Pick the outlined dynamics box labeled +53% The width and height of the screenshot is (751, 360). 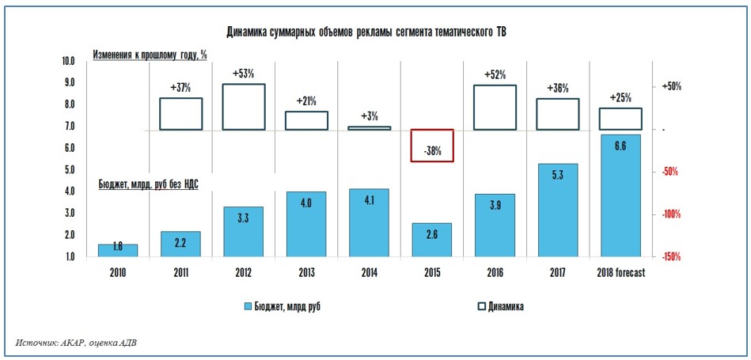pyautogui.click(x=243, y=107)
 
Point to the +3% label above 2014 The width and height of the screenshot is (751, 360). pyautogui.click(x=370, y=116)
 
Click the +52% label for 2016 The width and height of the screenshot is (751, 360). pyautogui.click(x=495, y=74)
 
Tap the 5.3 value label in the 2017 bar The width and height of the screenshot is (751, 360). pyautogui.click(x=558, y=176)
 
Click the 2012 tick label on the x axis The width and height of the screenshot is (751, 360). pyautogui.click(x=243, y=273)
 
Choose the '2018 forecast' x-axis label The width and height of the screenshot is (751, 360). pyautogui.click(x=620, y=273)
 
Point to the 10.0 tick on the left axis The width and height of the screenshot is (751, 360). pyautogui.click(x=68, y=61)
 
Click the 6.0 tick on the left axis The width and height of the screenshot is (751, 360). pyautogui.click(x=68, y=148)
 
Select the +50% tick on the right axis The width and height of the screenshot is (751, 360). pyautogui.click(x=670, y=85)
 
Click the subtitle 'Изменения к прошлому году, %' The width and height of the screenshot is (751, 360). pyautogui.click(x=150, y=55)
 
